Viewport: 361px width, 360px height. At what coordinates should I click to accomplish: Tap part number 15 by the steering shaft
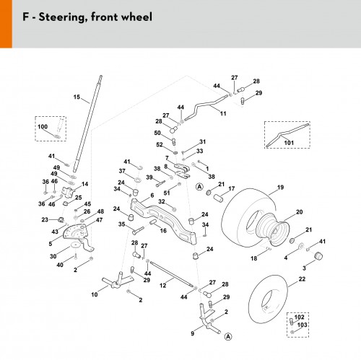[77, 97]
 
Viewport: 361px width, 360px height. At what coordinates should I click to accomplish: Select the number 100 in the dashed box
[43, 127]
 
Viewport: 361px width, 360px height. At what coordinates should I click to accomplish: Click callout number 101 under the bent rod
[289, 143]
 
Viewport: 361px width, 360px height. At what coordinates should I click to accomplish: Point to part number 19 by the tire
[280, 187]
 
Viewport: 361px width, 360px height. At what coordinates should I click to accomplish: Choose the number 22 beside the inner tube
[302, 279]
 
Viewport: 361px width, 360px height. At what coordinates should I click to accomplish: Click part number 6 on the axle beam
[152, 196]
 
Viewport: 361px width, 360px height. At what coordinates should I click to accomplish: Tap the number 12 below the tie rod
[163, 286]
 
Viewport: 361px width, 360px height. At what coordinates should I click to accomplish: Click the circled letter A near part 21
[199, 187]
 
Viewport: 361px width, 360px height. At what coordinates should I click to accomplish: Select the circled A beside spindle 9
[228, 337]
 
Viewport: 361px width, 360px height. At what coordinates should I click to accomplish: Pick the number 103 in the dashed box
[302, 325]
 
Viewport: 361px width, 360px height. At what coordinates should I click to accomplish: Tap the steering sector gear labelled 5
[74, 232]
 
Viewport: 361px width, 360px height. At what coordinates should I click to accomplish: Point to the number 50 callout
[157, 133]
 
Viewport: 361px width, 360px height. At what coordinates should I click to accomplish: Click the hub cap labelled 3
[318, 256]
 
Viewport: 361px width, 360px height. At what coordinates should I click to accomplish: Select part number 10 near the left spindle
[95, 294]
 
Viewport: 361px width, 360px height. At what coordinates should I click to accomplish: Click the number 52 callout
[160, 145]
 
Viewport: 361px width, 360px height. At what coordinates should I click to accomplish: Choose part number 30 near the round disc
[53, 256]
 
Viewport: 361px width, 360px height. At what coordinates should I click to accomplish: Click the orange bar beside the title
[6, 24]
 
